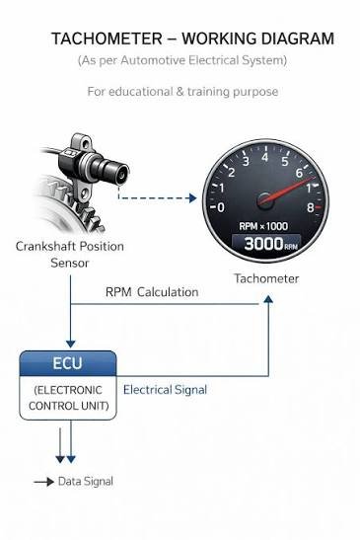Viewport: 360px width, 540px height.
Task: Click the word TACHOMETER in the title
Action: pos(107,39)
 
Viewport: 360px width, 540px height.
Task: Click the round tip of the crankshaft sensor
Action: pos(122,176)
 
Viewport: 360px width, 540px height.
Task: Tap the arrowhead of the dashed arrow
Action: pos(192,197)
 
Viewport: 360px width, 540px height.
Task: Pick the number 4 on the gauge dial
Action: pos(264,157)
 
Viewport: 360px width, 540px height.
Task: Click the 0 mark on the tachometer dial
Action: pos(221,207)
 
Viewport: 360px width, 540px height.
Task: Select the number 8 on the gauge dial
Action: pos(310,207)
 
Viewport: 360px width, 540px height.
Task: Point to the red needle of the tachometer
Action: pos(288,190)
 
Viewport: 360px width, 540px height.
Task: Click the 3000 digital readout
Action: pos(263,244)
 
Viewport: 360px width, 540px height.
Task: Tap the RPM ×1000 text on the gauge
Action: pos(263,226)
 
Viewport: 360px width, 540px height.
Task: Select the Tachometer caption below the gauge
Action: pos(266,278)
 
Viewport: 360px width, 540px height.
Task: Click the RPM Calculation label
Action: pos(152,292)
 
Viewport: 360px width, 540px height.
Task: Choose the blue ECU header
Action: pos(68,363)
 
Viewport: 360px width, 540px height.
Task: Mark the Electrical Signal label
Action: pos(165,390)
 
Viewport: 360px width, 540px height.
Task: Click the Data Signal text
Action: pos(86,481)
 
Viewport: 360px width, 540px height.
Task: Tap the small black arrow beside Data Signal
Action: pos(43,482)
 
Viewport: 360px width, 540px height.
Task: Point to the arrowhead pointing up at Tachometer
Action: pos(268,299)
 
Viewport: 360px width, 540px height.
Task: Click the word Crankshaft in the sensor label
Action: pos(42,246)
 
